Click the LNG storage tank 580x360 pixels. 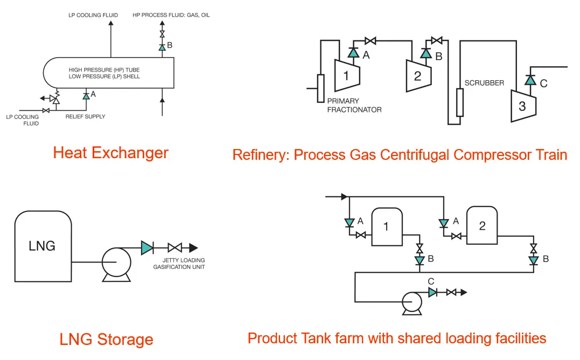(43, 246)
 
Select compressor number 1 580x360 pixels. (347, 75)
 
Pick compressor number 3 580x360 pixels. (523, 106)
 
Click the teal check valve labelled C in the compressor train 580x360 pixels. (530, 80)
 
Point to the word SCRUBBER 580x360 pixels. (484, 83)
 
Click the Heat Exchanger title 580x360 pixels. (110, 153)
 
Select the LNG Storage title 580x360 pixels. (107, 340)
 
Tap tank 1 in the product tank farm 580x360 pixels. (387, 227)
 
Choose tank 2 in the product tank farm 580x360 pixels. (482, 225)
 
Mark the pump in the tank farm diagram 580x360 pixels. (412, 303)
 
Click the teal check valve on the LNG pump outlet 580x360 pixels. (147, 248)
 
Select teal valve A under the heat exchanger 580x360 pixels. (86, 96)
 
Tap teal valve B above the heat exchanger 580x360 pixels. (162, 47)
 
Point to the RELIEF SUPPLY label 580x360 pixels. (86, 116)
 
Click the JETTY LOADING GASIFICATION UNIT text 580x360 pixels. (179, 264)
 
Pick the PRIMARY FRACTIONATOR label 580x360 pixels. (354, 105)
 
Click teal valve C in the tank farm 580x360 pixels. (433, 292)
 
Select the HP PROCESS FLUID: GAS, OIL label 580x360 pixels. (171, 15)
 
